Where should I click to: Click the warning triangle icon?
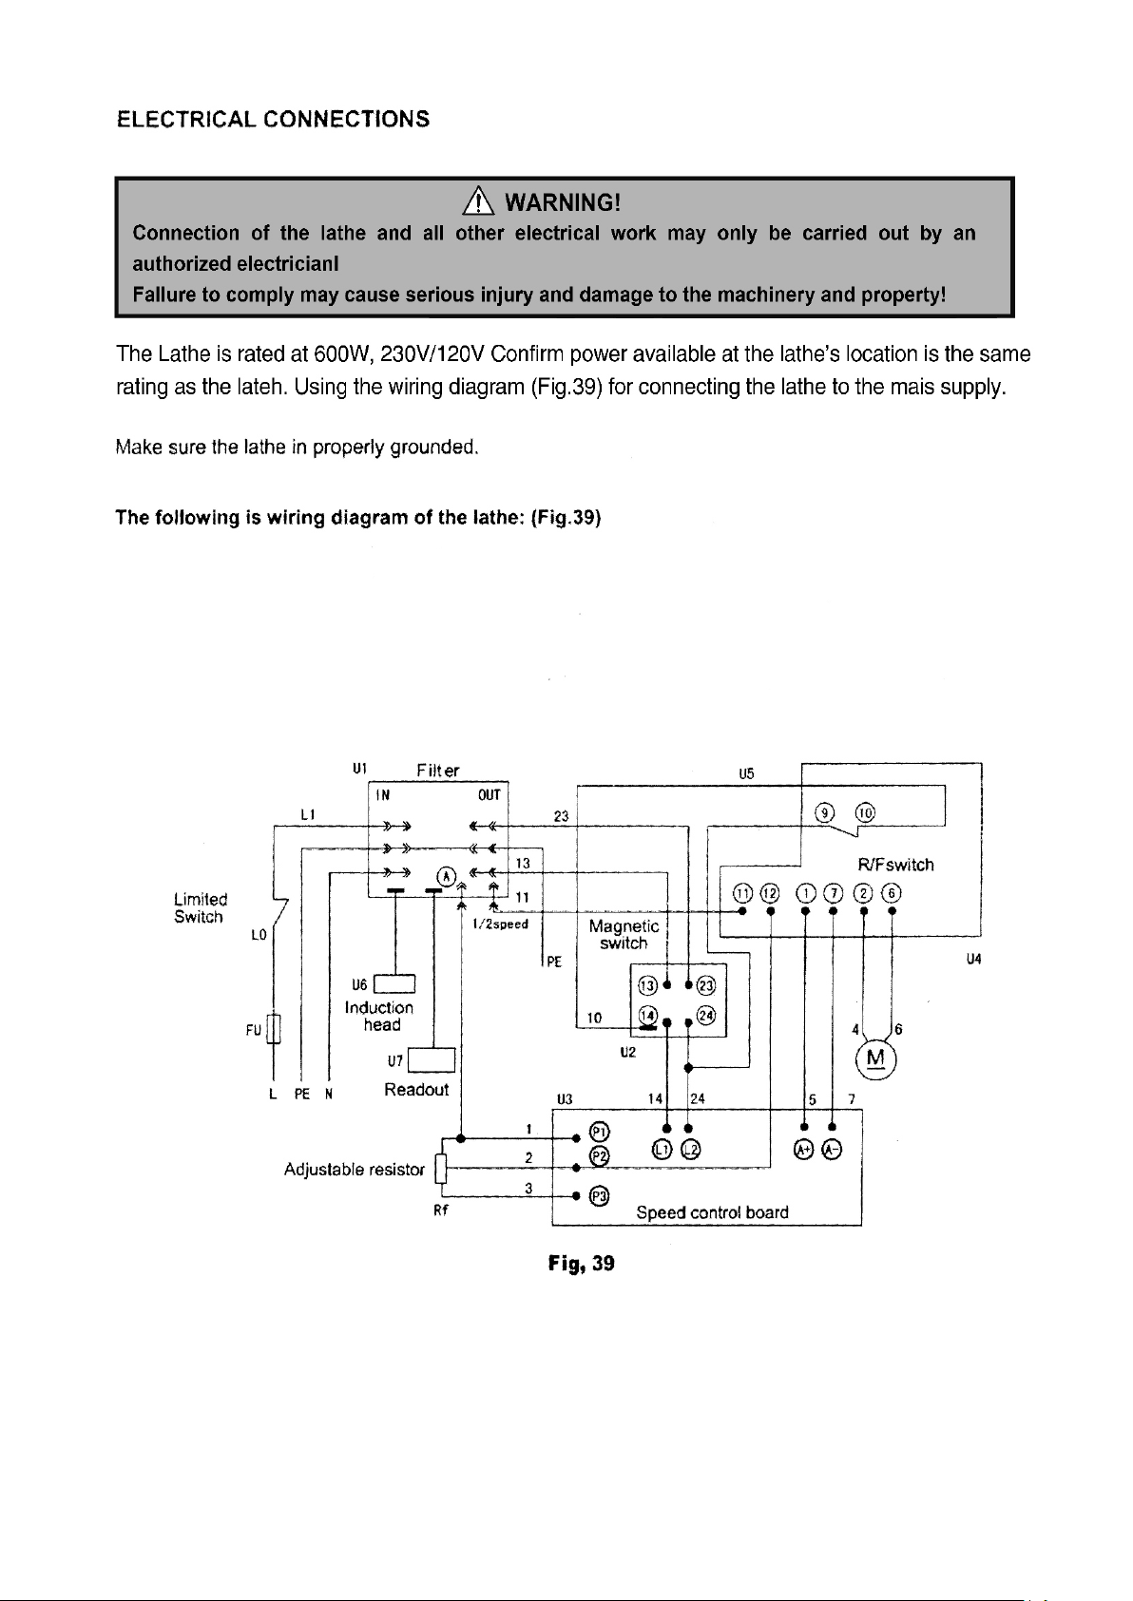point(478,201)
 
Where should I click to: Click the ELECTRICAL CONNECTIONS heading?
point(273,119)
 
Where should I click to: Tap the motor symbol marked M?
point(875,1059)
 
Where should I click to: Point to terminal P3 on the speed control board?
point(599,1195)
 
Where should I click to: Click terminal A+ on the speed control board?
point(804,1150)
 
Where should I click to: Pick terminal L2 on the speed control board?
point(690,1150)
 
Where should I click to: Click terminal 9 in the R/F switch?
point(825,812)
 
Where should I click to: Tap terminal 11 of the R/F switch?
point(743,893)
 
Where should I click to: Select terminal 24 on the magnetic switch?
point(705,1015)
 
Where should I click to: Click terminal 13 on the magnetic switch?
point(647,986)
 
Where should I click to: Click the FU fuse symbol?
point(274,1029)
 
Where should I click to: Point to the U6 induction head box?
point(394,984)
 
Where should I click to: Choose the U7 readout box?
point(431,1060)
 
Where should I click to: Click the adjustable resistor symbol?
point(441,1169)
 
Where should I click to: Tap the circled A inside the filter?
point(447,876)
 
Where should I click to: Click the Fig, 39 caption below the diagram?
point(581,1264)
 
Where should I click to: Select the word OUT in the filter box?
point(489,795)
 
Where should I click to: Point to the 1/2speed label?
point(500,924)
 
